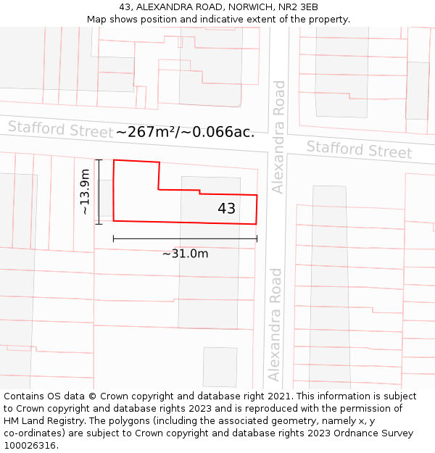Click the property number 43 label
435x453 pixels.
226,209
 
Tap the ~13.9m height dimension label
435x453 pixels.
85,191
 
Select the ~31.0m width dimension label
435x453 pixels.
185,254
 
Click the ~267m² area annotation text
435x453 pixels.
185,132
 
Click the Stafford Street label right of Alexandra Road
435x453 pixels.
359,150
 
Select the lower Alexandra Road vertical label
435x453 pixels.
273,324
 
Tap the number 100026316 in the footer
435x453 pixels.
29,445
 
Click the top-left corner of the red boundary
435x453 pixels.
114,160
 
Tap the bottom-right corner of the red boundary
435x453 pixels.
257,224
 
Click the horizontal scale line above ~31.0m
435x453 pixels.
185,238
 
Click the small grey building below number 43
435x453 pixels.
220,366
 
